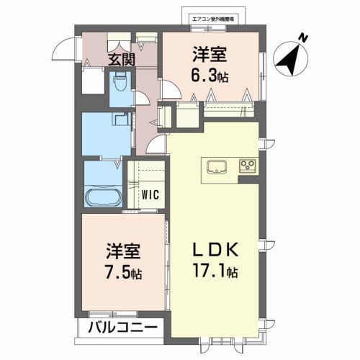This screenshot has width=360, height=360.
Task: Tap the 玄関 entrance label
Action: (x=121, y=60)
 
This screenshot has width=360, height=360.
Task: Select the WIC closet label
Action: (x=150, y=194)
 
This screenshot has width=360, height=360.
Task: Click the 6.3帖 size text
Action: (x=210, y=74)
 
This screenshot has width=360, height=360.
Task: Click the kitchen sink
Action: (x=216, y=168)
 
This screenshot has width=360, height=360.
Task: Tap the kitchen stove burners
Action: (x=247, y=166)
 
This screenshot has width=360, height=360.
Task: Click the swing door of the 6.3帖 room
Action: (x=171, y=89)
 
